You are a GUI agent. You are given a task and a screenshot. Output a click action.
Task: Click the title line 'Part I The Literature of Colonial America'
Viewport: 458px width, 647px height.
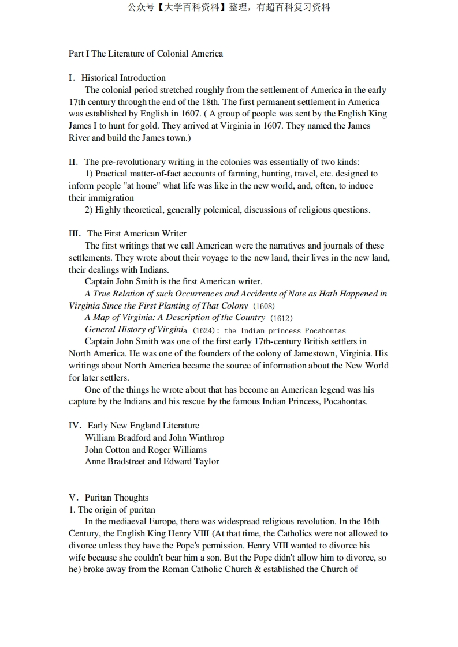146,54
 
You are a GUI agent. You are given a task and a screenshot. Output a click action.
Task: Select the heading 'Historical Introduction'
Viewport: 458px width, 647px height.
123,78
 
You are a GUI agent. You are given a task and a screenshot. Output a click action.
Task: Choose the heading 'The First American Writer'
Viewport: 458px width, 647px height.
136,234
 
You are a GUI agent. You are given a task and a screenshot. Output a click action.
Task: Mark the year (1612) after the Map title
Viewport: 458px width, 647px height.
281,318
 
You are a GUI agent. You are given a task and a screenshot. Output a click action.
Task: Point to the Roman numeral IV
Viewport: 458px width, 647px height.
75,426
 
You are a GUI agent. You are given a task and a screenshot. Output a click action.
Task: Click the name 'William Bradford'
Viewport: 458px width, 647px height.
117,438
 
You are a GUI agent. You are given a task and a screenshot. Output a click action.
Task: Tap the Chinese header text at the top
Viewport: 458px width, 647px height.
229,7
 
